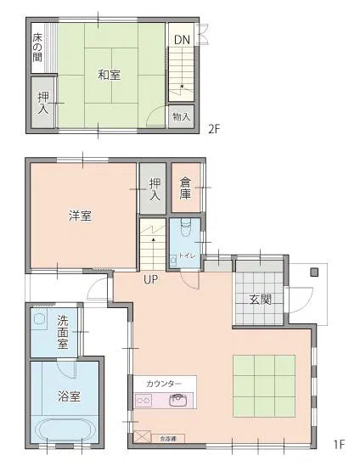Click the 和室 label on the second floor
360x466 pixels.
click(x=109, y=75)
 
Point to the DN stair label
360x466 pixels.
click(x=182, y=40)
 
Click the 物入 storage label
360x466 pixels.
click(x=181, y=116)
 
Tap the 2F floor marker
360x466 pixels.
click(x=215, y=130)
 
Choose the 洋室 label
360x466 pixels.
click(x=81, y=216)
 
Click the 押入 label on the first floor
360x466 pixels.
click(x=155, y=189)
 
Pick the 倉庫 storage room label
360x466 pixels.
click(x=185, y=188)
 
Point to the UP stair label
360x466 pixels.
click(x=151, y=279)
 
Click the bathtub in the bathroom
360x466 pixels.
click(x=65, y=429)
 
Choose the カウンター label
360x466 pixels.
click(x=164, y=384)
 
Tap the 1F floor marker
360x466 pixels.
click(x=339, y=443)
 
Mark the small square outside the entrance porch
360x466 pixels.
click(x=313, y=272)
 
